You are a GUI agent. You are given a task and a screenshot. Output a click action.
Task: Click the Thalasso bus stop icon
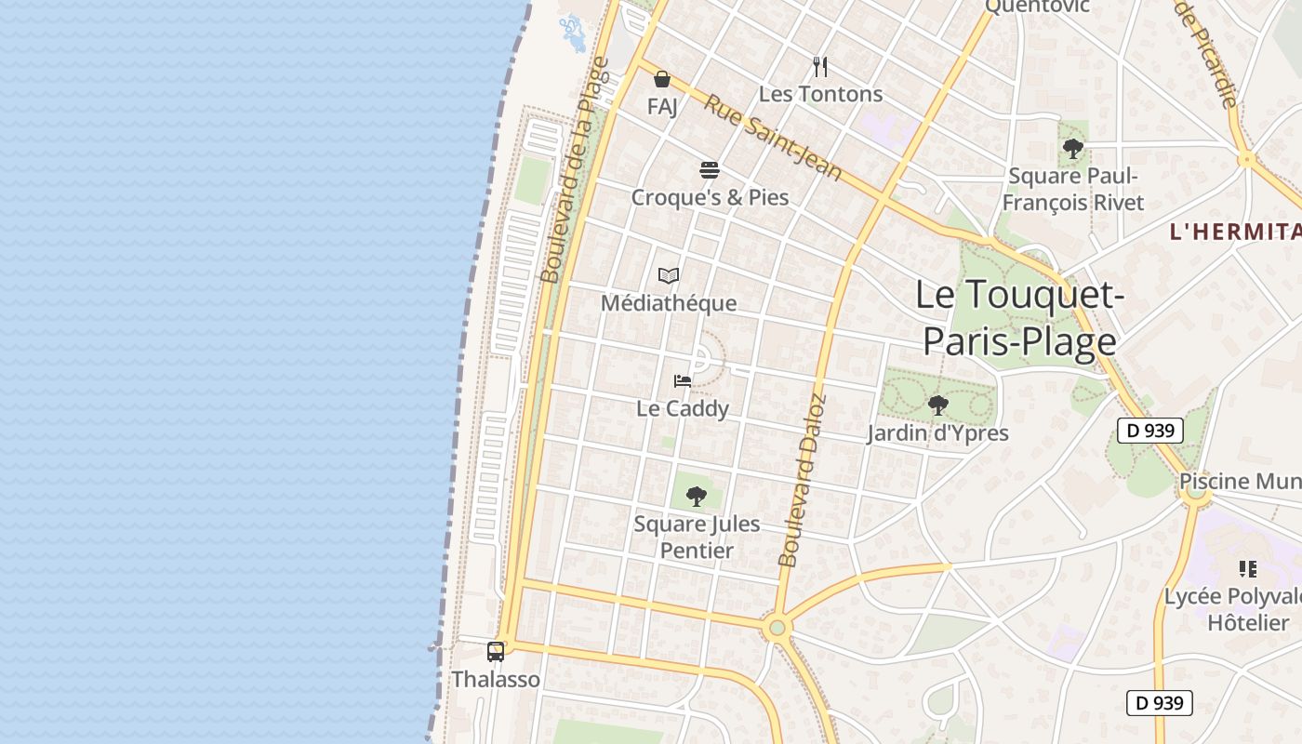[496, 652]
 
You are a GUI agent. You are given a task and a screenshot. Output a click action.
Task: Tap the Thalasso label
[496, 680]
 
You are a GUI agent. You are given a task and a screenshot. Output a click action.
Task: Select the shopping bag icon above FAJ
[662, 79]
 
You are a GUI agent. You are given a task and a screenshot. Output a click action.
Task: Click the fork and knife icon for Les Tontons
[820, 67]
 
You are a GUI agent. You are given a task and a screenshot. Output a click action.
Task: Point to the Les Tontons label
[820, 94]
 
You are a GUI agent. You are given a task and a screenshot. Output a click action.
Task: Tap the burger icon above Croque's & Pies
[710, 170]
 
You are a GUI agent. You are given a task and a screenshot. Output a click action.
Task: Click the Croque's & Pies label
[710, 197]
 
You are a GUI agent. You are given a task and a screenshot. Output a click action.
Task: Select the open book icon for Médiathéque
[669, 275]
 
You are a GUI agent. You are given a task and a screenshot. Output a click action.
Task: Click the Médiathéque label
[669, 303]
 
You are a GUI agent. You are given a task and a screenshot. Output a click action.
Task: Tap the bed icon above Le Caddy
[683, 380]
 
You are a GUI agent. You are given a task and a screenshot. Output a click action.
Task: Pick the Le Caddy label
[683, 408]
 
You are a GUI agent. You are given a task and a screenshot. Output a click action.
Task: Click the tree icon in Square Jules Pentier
[697, 497]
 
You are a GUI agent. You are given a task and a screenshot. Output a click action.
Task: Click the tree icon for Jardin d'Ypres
[938, 405]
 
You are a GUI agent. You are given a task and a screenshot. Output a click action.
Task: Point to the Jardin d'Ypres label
[938, 433]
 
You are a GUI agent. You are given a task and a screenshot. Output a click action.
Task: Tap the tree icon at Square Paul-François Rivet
[1073, 149]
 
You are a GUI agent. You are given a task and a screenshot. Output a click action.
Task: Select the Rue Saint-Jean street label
[773, 138]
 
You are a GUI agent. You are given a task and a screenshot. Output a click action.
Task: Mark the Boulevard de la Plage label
[575, 170]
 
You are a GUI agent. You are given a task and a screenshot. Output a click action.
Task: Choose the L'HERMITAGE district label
[1235, 232]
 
